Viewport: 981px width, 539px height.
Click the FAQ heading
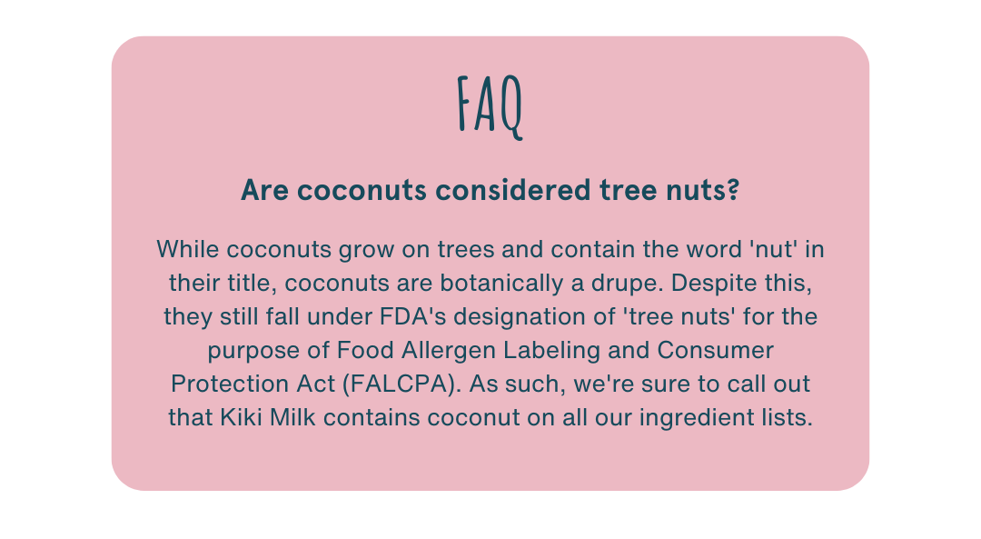point(490,106)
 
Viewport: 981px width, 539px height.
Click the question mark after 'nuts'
point(733,190)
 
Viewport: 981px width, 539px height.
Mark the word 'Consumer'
point(715,350)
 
